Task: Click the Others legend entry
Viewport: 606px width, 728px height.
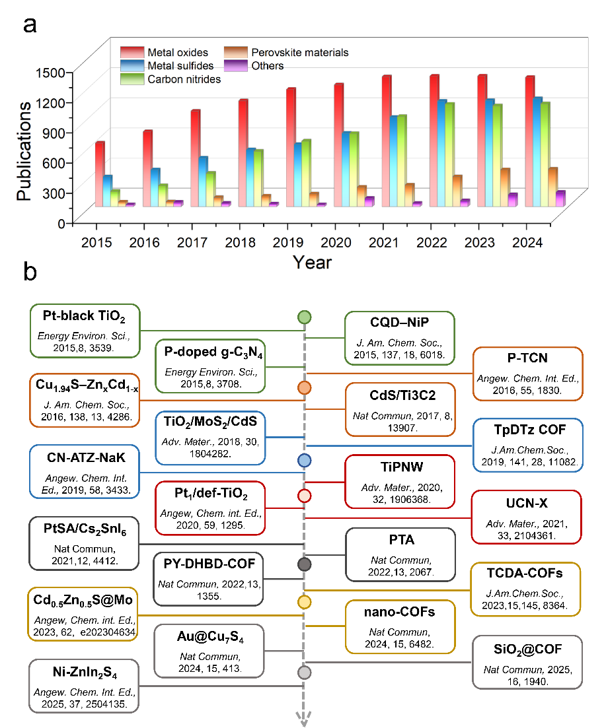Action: coord(260,65)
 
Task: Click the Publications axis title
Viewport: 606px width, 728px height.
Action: coord(24,151)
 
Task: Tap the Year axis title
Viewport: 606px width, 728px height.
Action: coord(313,262)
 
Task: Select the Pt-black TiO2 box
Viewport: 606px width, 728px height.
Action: coord(87,330)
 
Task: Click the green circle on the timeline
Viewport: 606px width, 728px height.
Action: coord(304,317)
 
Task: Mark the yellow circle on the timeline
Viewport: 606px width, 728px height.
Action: coord(304,602)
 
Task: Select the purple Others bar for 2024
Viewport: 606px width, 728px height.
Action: coord(560,198)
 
